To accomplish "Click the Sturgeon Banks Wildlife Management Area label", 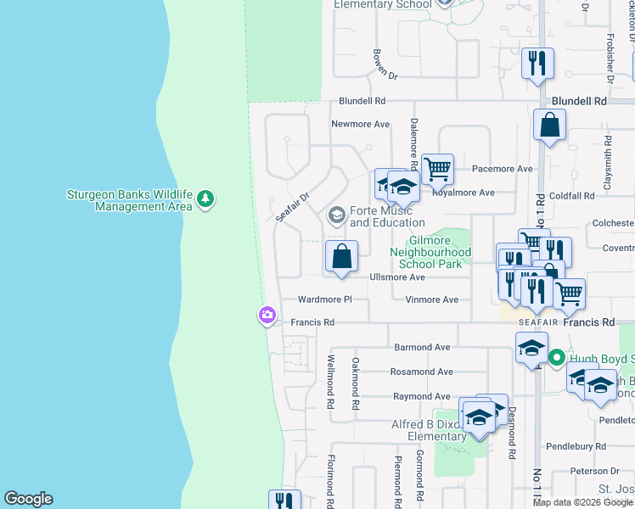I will pos(130,200).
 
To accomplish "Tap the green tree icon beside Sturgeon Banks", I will pos(205,199).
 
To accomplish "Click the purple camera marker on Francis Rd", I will pos(267,316).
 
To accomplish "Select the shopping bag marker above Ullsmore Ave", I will pos(341,256).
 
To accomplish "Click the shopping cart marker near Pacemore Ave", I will pos(437,169).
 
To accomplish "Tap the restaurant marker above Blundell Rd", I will pos(537,64).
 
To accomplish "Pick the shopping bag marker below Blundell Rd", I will pos(549,126).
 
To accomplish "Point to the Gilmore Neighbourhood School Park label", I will pos(430,252).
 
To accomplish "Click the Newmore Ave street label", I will pos(360,124).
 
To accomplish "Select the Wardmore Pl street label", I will pos(324,299).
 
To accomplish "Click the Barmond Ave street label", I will pos(422,347).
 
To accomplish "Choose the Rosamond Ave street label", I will pos(421,372).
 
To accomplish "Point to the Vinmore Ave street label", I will pos(431,299).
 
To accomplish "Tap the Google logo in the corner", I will pos(28,499).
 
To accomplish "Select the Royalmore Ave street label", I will pos(464,193).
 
